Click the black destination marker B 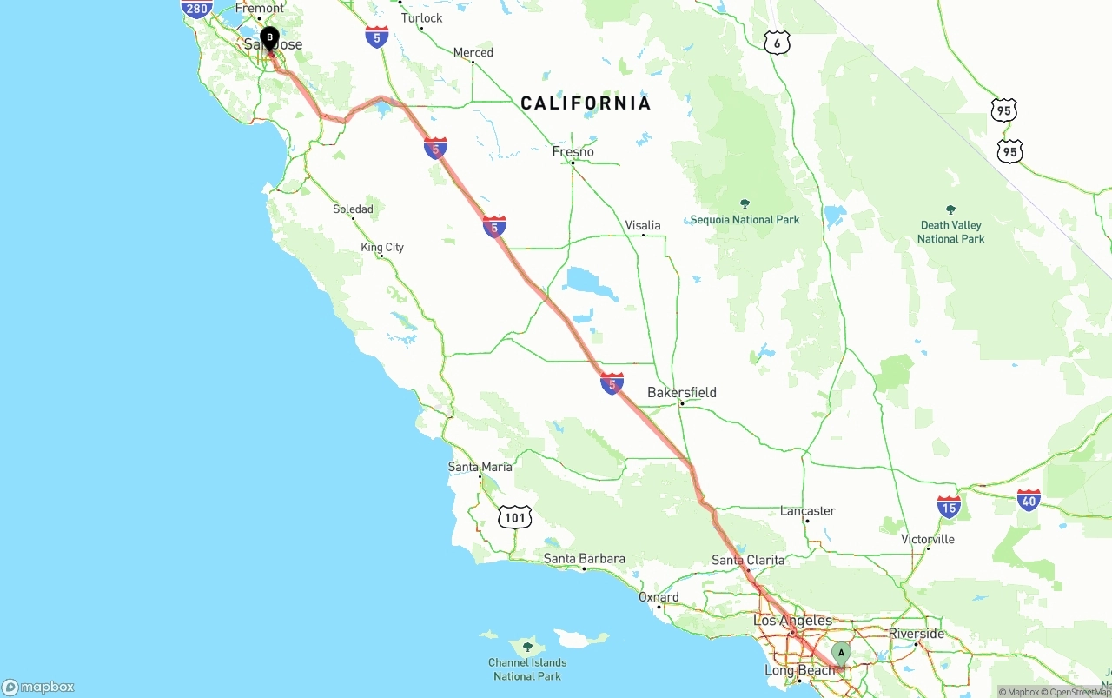coord(269,38)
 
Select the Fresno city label coord(573,152)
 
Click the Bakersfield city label coord(682,393)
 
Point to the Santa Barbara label coord(584,559)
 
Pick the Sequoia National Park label coord(745,220)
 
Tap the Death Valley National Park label coord(950,231)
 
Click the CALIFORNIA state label coord(586,103)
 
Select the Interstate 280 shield coord(197,9)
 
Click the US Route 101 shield coord(515,518)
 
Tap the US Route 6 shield coord(777,43)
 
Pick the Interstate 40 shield coord(1029,501)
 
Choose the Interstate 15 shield coord(949,507)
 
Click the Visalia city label coord(643,226)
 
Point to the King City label coord(382,248)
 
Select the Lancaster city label coord(807,511)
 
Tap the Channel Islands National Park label coord(527,669)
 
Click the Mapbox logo coord(38,687)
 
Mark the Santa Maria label coord(480,467)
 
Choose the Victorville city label coord(928,540)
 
